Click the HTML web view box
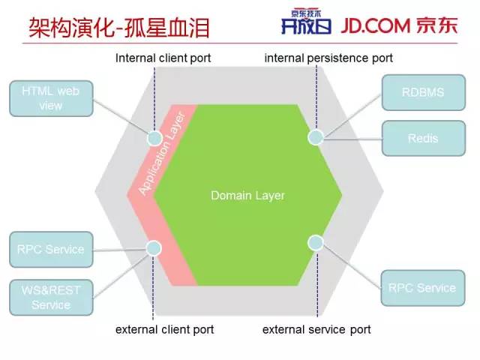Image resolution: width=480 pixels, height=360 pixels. [x=51, y=98]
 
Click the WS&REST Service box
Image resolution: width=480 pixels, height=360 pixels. [x=51, y=297]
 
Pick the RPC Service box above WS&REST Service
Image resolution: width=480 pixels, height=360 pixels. [x=51, y=250]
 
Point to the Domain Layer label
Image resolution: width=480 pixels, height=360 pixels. [x=247, y=196]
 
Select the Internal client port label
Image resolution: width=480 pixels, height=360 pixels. [x=163, y=58]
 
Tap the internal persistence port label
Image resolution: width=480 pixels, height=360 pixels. [x=328, y=58]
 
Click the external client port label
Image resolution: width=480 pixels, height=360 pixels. [x=164, y=329]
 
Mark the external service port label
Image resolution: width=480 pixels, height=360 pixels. [x=316, y=329]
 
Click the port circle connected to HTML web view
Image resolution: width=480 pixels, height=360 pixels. [x=154, y=138]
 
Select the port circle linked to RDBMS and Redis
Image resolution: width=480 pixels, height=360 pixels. [x=316, y=136]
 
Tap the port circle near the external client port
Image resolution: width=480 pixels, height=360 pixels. [x=154, y=247]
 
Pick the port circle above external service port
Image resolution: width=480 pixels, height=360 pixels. [x=316, y=242]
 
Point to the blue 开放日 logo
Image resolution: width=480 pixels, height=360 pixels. [x=301, y=27]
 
